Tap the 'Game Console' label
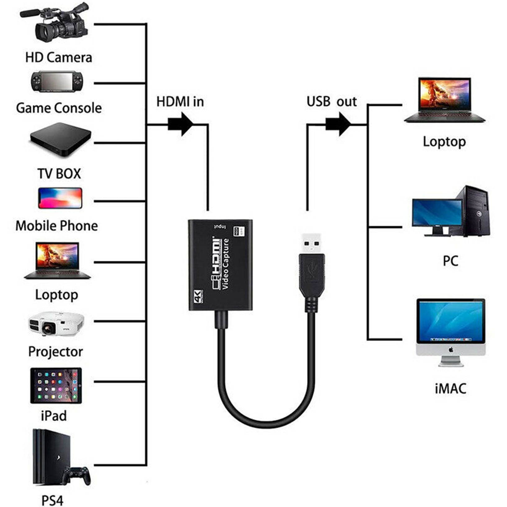(59, 108)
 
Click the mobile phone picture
(60, 198)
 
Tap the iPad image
(56, 386)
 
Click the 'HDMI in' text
(180, 102)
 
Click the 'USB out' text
(331, 102)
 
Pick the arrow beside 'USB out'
(338, 124)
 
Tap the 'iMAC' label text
(450, 389)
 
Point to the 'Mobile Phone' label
(57, 226)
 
